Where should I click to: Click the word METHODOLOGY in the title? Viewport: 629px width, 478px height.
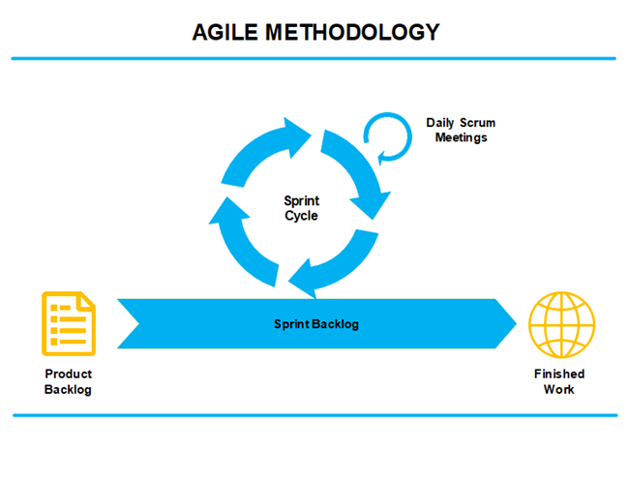(351, 32)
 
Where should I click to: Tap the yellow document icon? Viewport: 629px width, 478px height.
(69, 322)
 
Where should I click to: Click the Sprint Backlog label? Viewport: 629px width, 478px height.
(315, 324)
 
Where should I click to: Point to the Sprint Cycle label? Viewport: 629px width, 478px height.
(301, 208)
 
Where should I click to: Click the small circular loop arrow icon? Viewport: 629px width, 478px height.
(387, 136)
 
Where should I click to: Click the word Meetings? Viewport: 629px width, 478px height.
(461, 137)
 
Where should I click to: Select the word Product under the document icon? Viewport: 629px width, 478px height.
(69, 374)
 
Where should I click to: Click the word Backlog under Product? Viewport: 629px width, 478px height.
(69, 389)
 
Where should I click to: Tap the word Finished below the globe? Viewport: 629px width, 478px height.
(559, 374)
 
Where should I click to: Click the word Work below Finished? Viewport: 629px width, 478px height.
(559, 389)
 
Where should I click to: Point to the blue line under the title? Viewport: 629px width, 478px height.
(314, 58)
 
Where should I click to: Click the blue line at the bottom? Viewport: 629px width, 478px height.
(314, 415)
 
